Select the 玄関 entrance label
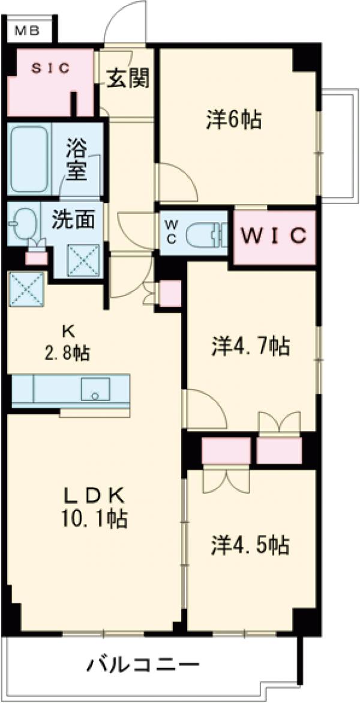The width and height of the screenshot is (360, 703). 128,78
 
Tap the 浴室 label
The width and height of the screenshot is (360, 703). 77,159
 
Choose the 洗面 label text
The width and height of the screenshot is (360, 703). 73,220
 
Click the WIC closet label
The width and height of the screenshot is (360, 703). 274,235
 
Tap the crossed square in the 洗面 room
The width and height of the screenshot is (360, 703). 82,259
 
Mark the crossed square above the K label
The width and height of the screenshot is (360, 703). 26,289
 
